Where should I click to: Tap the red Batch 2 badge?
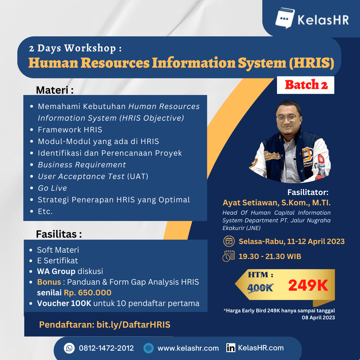click(x=306, y=85)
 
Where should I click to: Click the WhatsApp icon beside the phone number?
click(x=69, y=348)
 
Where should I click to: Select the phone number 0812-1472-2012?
click(x=106, y=348)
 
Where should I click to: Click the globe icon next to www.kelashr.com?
click(x=148, y=348)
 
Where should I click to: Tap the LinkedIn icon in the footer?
click(x=230, y=348)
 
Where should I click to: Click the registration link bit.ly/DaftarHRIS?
click(x=133, y=325)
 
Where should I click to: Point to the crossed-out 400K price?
click(x=260, y=287)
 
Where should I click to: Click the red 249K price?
click(x=308, y=285)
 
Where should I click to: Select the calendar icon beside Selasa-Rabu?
click(x=229, y=241)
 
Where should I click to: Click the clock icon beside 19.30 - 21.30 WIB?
click(x=228, y=256)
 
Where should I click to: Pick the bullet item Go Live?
click(x=52, y=188)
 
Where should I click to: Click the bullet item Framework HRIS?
click(x=70, y=130)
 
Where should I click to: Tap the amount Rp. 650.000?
click(x=88, y=293)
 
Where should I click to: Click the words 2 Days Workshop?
click(x=72, y=48)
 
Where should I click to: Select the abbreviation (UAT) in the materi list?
click(x=138, y=176)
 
